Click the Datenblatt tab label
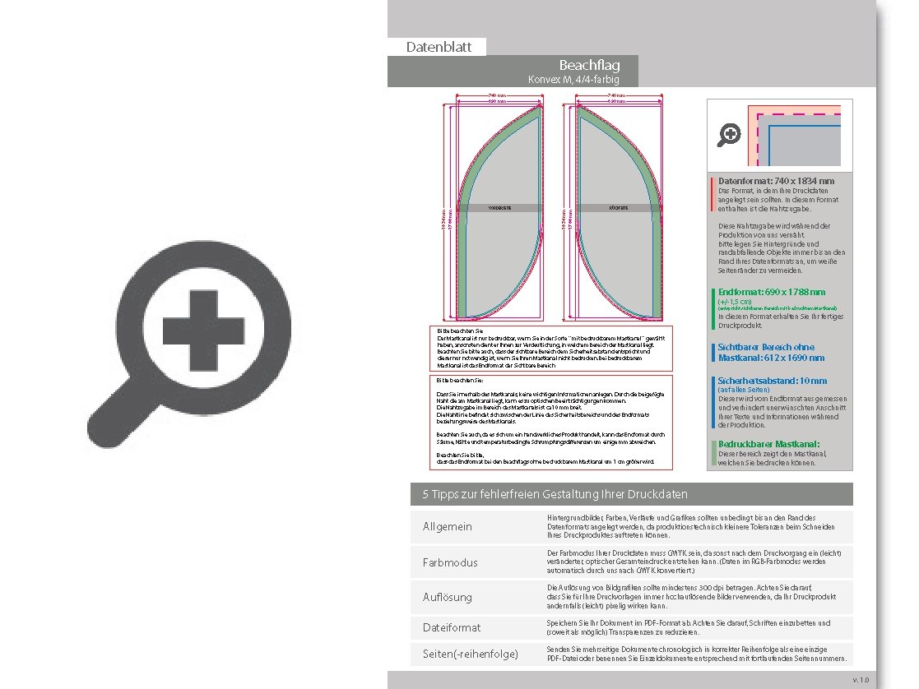coord(439,47)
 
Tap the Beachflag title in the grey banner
coord(589,65)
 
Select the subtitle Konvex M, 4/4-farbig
coord(573,80)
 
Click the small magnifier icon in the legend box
coord(729,135)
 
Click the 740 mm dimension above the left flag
coord(497,96)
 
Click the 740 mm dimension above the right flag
coord(616,96)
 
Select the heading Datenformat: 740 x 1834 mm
coord(776,181)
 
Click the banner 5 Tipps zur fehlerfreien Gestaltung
coord(555,494)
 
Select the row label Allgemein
coord(448,526)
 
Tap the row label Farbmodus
coord(450,562)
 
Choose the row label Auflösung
coord(448,598)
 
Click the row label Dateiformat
coord(452,627)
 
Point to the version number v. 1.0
coord(860,680)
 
